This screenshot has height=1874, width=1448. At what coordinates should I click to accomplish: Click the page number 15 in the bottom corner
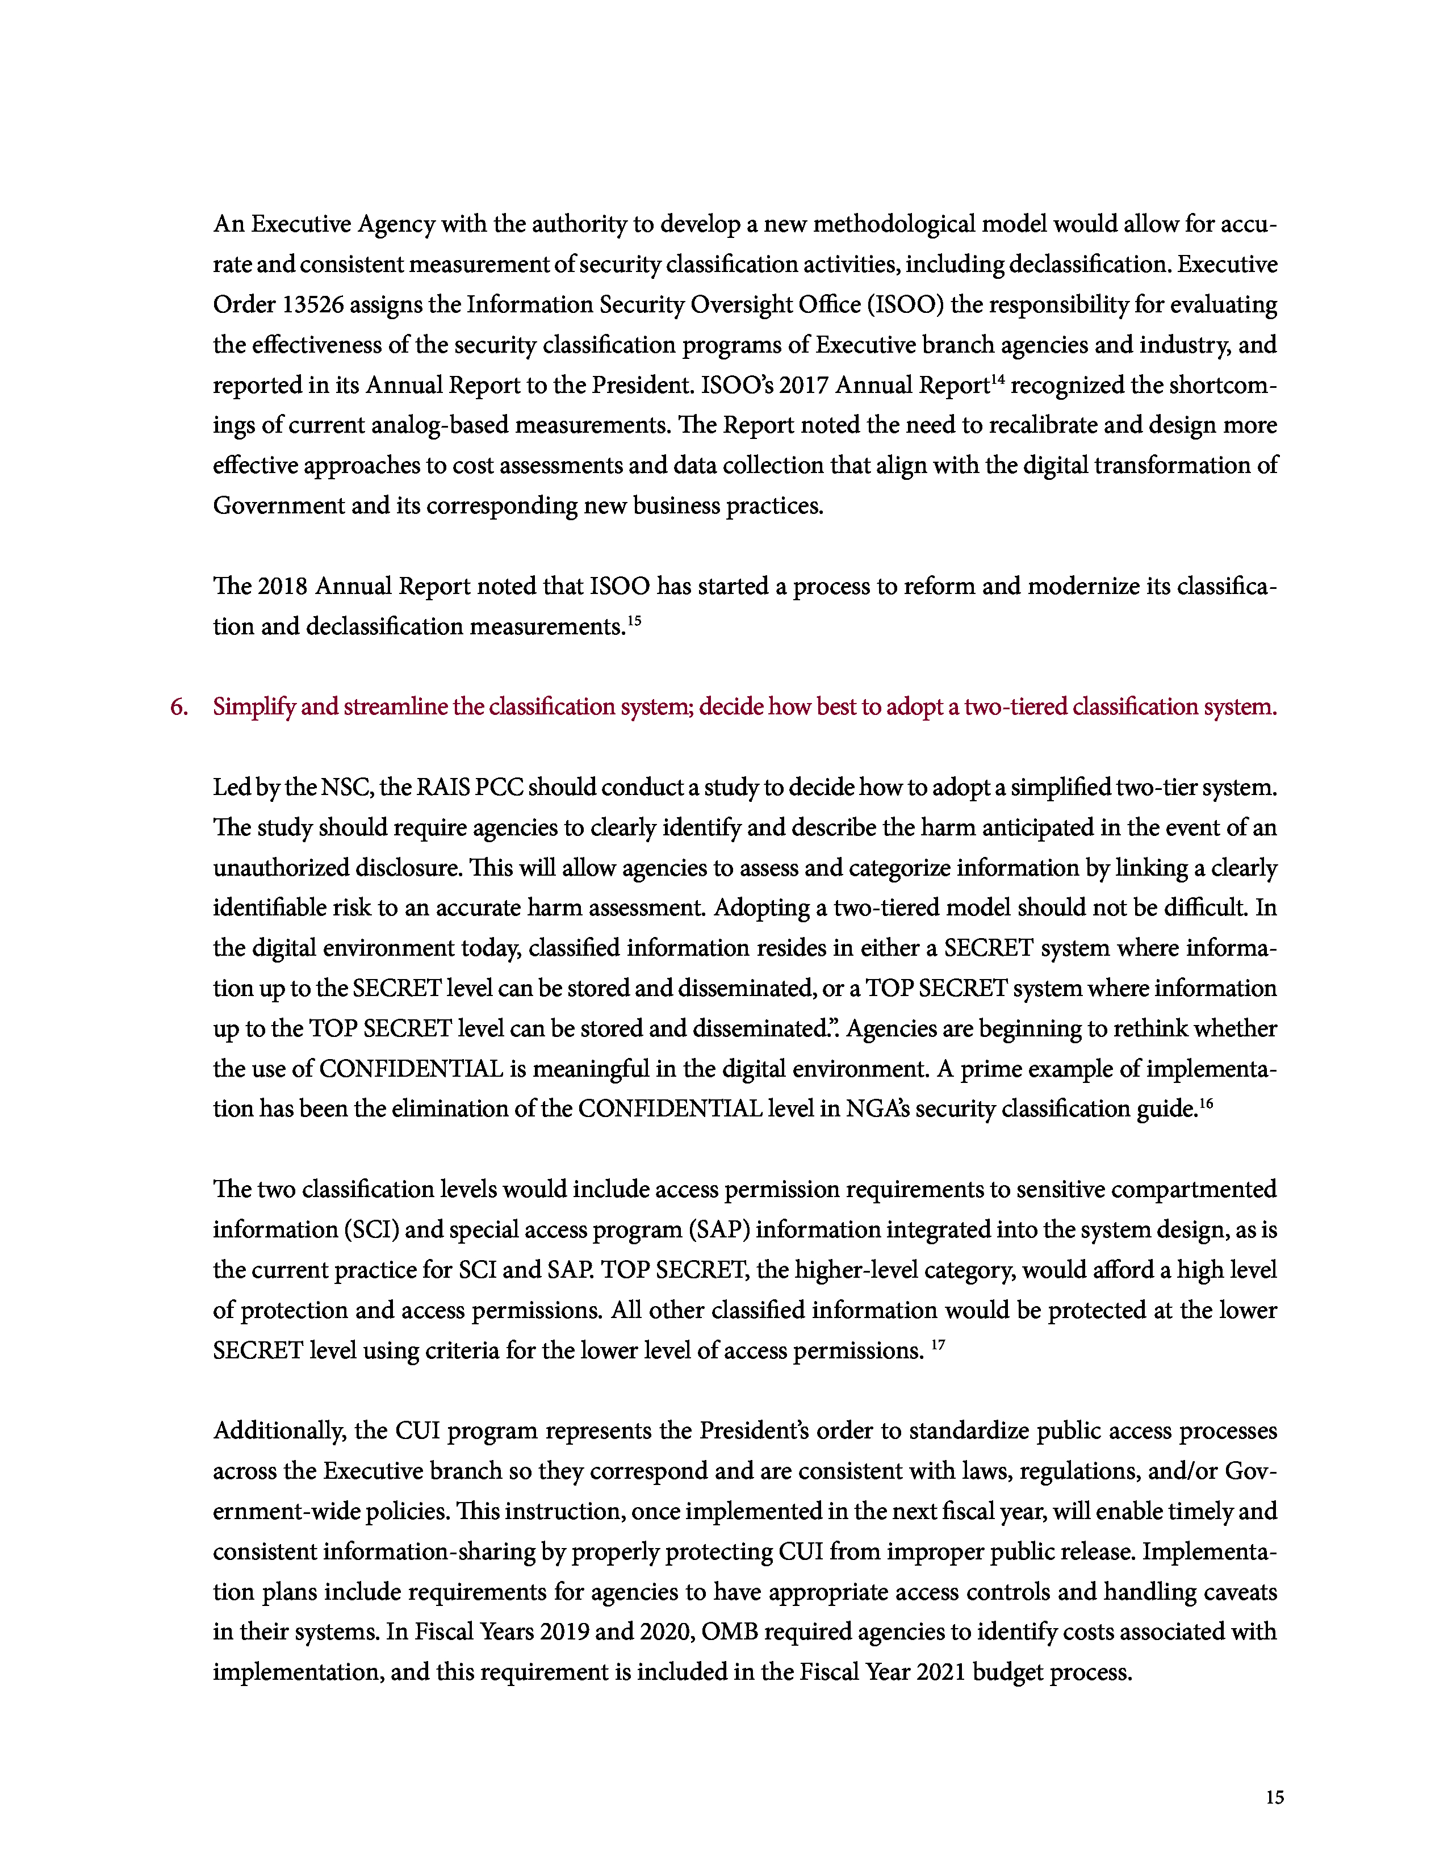1274,1797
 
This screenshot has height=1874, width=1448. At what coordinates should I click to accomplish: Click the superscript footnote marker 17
938,1343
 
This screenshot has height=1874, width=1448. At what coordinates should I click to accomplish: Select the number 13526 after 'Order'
312,304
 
